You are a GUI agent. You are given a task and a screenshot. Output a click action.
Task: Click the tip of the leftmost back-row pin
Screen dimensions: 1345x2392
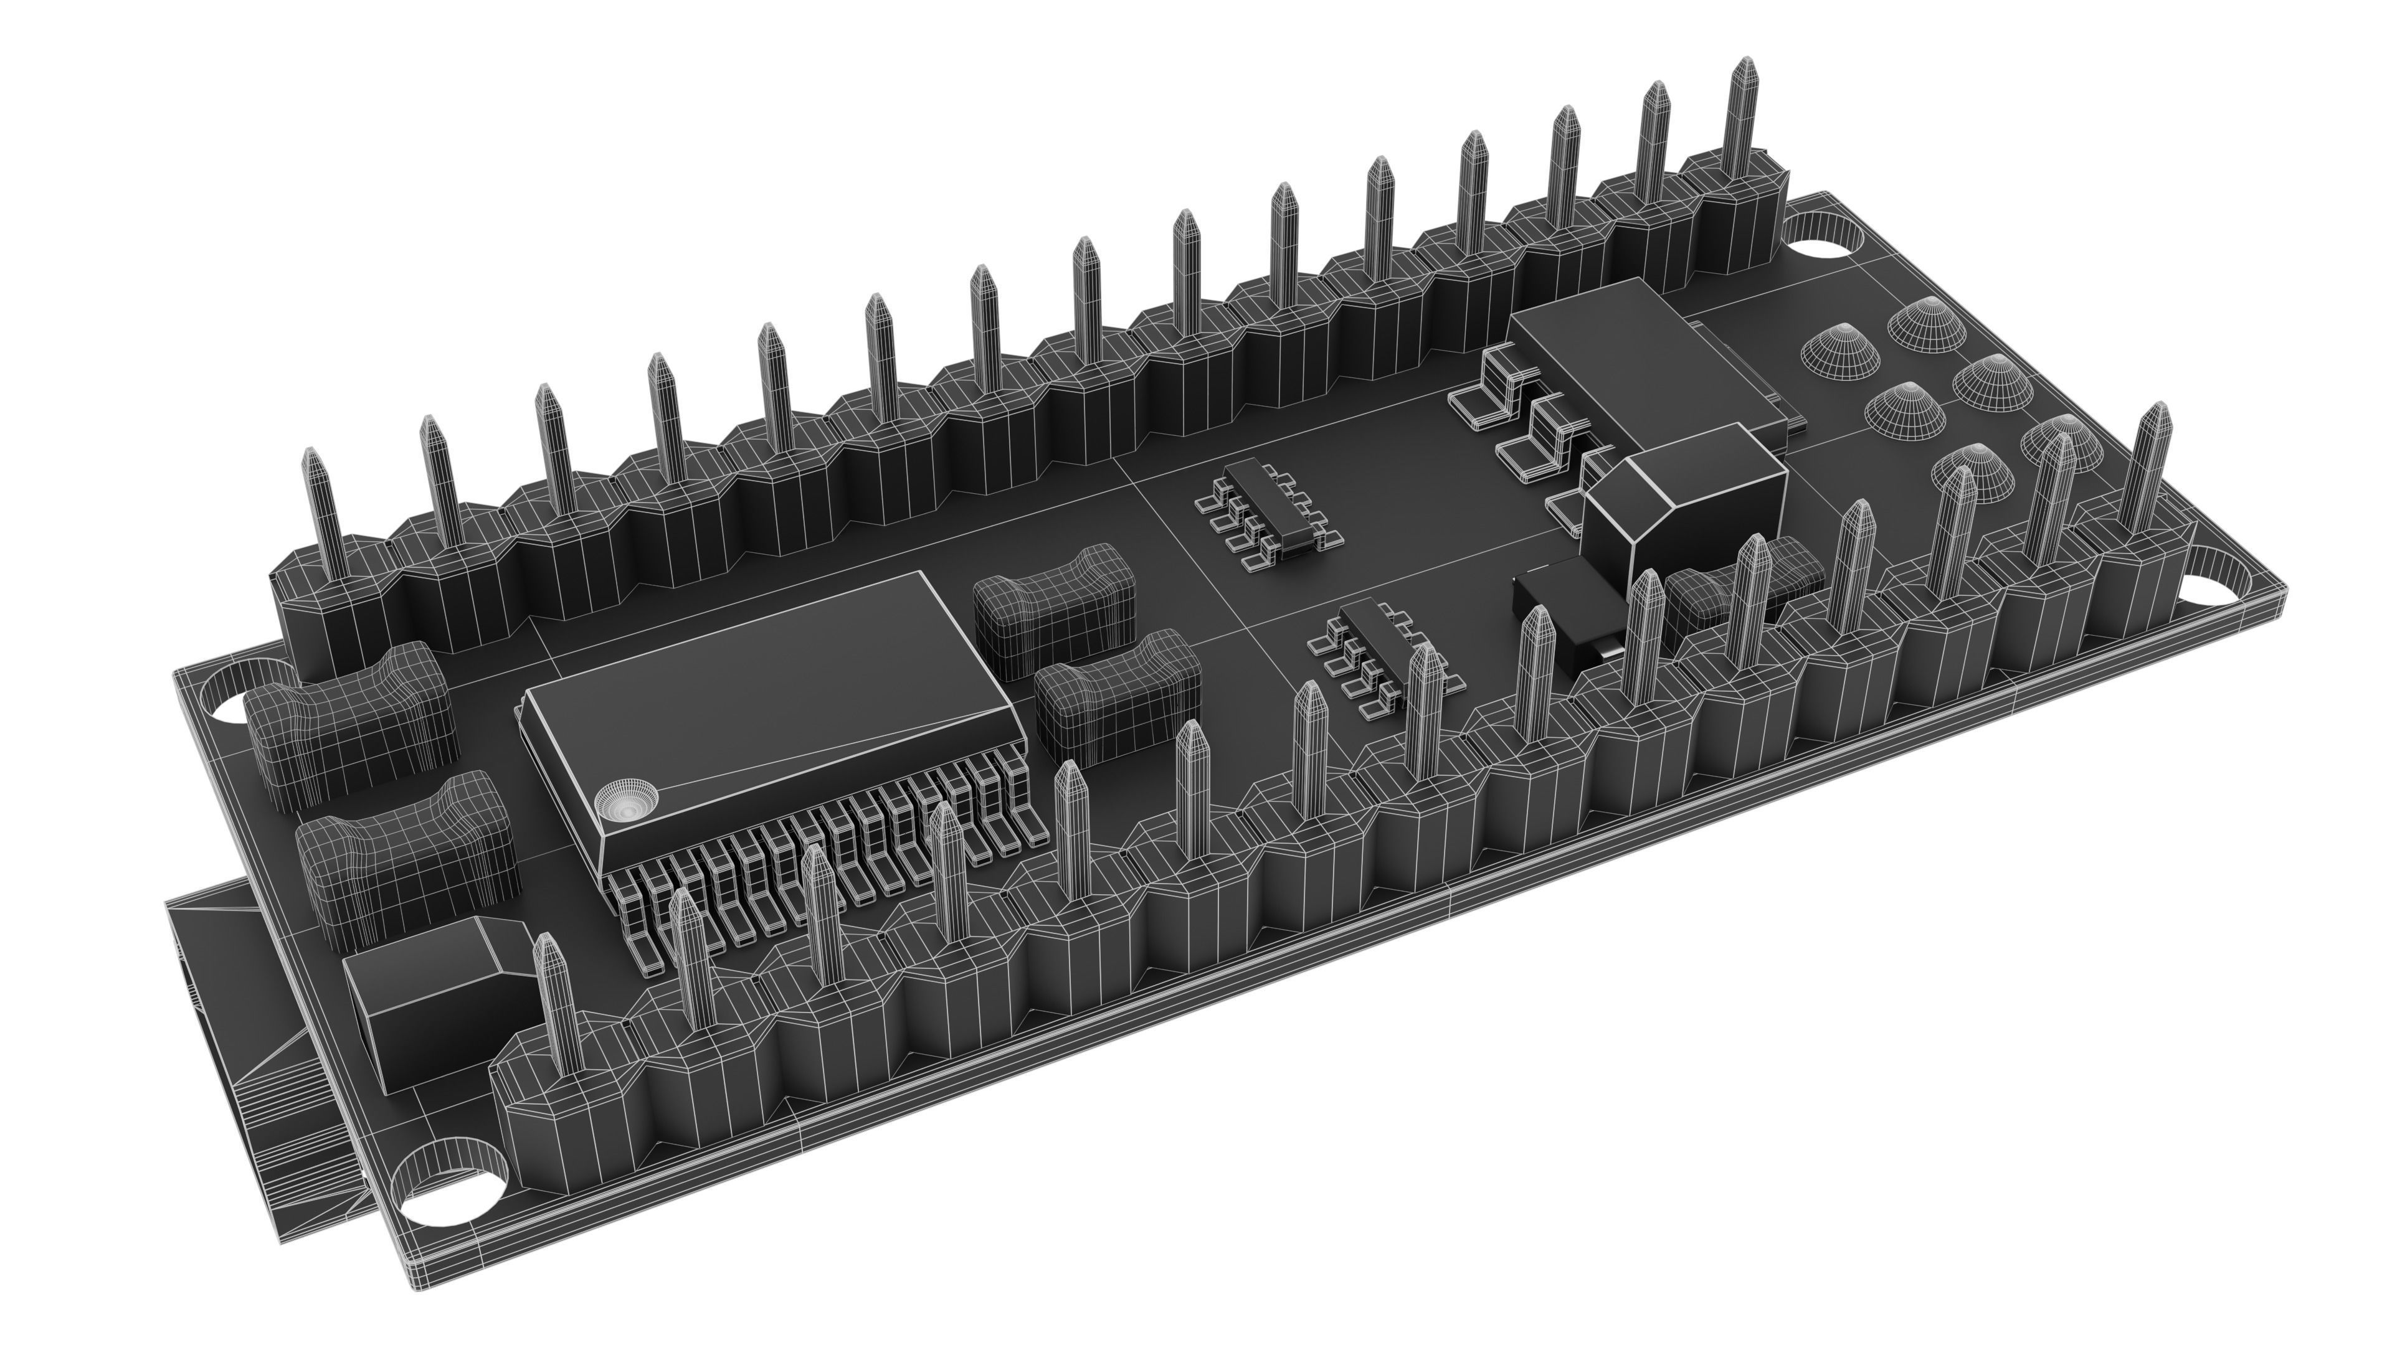pos(313,458)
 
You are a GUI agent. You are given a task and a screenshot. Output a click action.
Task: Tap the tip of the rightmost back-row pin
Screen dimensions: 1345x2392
pos(1745,65)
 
